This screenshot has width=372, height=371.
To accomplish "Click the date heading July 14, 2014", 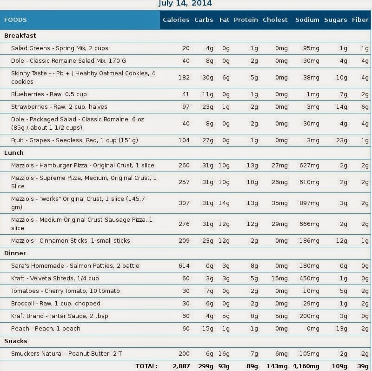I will [185, 3].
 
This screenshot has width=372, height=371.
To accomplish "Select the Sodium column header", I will [307, 20].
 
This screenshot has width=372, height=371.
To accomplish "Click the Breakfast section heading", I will [20, 35].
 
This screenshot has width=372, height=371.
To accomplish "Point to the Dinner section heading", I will [15, 253].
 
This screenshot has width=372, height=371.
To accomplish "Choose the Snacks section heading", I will [15, 341].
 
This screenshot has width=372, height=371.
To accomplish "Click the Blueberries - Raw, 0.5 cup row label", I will [49, 94].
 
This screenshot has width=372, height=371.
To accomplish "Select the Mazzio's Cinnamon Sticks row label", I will [71, 241].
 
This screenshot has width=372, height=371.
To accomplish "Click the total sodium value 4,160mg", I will [305, 366].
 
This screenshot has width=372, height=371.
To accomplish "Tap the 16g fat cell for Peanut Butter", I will [225, 354].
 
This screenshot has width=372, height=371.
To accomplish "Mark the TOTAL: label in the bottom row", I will [146, 366].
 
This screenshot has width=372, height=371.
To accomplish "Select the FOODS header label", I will [15, 20].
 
